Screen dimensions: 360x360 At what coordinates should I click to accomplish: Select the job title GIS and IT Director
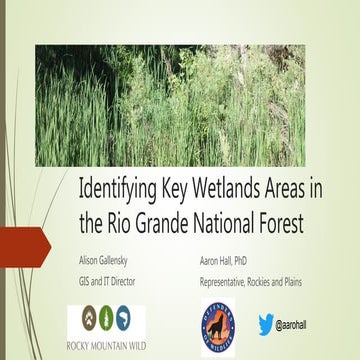click(x=107, y=281)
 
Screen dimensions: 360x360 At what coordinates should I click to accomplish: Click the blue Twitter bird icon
click(x=266, y=324)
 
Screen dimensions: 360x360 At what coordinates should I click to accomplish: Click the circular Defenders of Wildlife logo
click(x=218, y=328)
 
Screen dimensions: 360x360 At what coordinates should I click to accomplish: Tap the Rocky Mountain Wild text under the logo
click(x=107, y=347)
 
